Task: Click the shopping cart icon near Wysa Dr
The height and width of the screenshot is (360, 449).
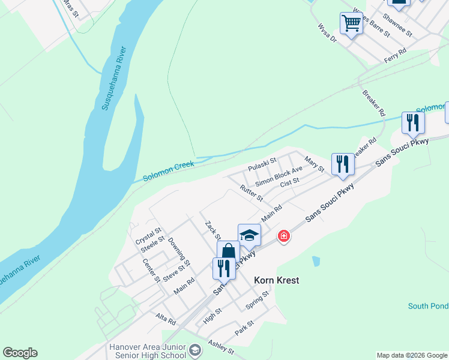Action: (351, 24)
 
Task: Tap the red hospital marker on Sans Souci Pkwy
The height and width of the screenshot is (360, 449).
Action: (283, 236)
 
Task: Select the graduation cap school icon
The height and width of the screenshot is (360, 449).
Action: (249, 235)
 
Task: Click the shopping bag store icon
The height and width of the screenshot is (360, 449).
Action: (228, 252)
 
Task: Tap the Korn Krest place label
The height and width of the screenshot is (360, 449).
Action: (276, 280)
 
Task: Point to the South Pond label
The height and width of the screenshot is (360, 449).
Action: (428, 306)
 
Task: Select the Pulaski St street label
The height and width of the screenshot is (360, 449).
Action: (262, 164)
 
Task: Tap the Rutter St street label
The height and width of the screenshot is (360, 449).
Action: (252, 193)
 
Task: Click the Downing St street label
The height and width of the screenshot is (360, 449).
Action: (179, 252)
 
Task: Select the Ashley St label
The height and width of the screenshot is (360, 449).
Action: (220, 346)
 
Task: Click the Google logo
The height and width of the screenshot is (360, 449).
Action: (20, 353)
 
